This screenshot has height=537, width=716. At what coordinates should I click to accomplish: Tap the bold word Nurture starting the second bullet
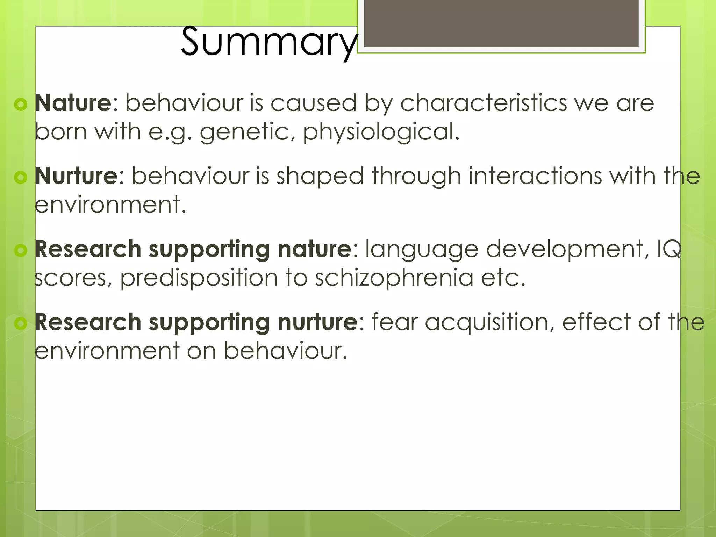[x=76, y=176]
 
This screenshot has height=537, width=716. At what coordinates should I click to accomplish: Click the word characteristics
[x=483, y=103]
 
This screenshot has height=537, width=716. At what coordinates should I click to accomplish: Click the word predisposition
[x=199, y=278]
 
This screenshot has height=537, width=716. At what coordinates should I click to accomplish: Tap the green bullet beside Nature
[x=21, y=104]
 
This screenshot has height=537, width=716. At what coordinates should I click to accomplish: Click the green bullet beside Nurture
[x=21, y=177]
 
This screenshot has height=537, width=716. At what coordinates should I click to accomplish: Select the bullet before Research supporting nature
[x=21, y=250]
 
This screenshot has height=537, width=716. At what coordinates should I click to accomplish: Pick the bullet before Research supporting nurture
[x=21, y=323]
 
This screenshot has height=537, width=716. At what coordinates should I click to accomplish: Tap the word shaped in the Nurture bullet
[x=320, y=177]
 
